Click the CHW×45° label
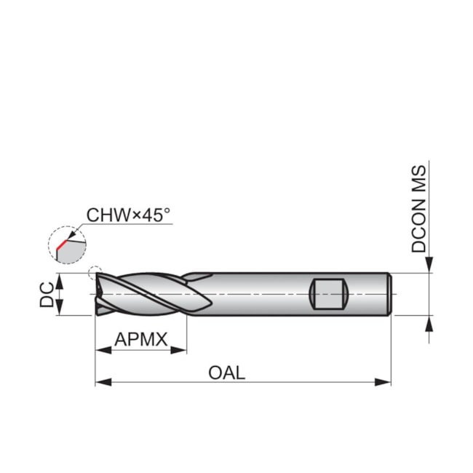tap(128, 215)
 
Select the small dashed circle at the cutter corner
tap(93, 274)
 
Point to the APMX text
tap(141, 339)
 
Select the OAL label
tap(227, 373)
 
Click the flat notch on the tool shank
tap(327, 294)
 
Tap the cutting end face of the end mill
tap(98, 295)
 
